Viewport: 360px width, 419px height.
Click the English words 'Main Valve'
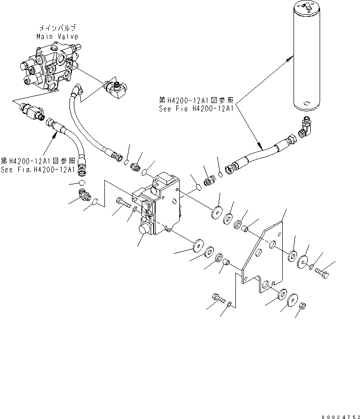click(57, 37)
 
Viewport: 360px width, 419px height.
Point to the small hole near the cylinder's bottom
click(306, 104)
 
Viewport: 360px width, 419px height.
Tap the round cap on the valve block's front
click(145, 230)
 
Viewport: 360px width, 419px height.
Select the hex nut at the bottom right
click(304, 306)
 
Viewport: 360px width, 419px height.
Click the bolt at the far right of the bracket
click(322, 271)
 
